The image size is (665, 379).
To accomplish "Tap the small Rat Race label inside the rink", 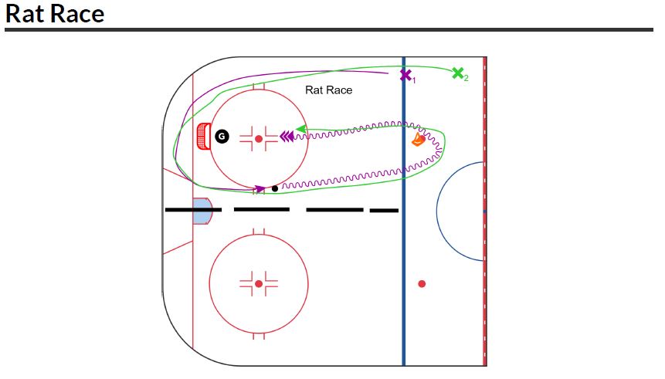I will click(x=328, y=90).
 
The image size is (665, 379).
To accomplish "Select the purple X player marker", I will click(x=405, y=75).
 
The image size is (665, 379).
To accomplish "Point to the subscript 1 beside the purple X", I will click(x=414, y=80).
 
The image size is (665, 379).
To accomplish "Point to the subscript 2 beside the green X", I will click(x=466, y=79).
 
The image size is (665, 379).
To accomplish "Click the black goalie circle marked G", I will click(x=222, y=137).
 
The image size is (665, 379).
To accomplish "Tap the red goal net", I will click(x=203, y=137).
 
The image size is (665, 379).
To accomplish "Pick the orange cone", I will click(x=418, y=139).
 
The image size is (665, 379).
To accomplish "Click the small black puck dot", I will click(x=275, y=188).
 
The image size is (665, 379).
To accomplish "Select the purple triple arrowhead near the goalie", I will click(x=286, y=137).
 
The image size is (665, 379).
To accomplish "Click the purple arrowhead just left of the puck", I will click(x=260, y=188).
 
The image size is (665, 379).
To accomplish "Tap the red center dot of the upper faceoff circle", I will click(x=259, y=139).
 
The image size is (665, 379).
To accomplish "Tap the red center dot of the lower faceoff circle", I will click(x=259, y=284).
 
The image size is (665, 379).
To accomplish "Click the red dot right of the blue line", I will click(x=422, y=284).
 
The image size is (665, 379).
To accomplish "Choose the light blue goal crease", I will click(x=201, y=211).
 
